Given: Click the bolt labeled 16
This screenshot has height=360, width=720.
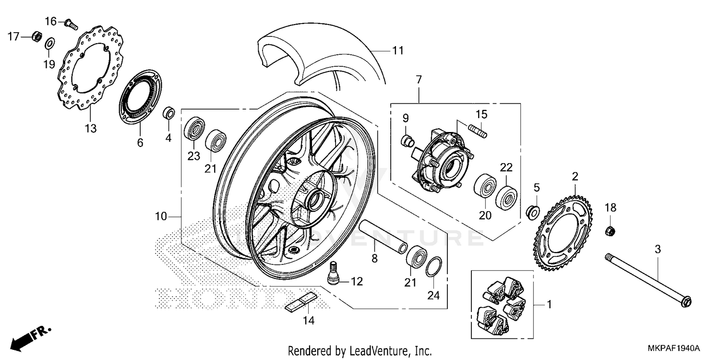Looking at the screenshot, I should click(x=72, y=24).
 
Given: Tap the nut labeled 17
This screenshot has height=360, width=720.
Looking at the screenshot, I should click(x=36, y=36).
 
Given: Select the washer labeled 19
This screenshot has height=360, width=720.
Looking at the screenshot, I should click(x=49, y=45).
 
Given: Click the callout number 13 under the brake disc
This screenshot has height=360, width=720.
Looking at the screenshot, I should click(x=91, y=129).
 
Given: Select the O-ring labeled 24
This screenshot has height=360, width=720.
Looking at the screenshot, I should click(x=433, y=266).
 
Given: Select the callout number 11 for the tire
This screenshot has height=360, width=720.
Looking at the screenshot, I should click(x=397, y=50).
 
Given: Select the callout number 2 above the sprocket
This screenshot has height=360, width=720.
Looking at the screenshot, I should click(x=575, y=177).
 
